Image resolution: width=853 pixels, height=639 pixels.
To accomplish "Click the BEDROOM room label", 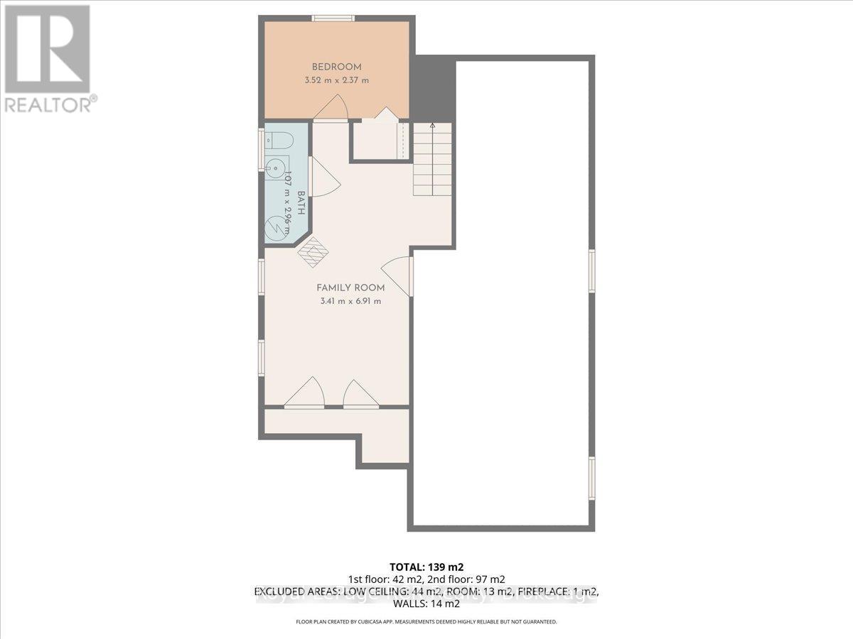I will (336, 67).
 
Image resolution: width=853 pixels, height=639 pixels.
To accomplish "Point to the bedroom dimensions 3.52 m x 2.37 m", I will (336, 80).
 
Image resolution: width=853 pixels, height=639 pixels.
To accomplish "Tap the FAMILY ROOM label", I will (350, 288).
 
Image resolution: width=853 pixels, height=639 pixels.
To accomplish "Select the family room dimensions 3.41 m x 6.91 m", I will (350, 301).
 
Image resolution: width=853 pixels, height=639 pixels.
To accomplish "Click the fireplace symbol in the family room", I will (314, 251).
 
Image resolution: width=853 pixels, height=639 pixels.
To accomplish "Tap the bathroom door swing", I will (323, 177).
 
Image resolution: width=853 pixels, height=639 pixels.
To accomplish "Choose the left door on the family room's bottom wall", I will (304, 393).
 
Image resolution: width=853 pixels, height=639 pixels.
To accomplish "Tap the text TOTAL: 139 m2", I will (426, 567).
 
